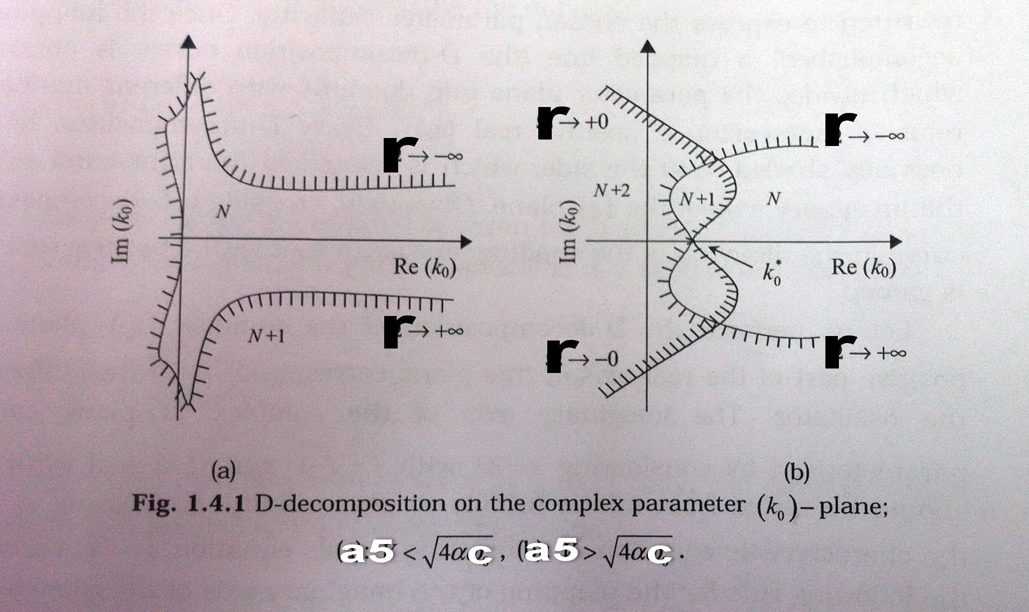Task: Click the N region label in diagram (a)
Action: coord(223,212)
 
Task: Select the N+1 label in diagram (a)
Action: coord(267,336)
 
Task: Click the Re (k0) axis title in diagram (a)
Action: coord(425,267)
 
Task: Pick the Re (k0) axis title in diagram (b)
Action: coord(863,267)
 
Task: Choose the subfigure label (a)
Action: coord(223,471)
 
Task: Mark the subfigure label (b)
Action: coord(796,472)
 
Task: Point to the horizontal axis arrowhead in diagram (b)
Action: coord(896,242)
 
